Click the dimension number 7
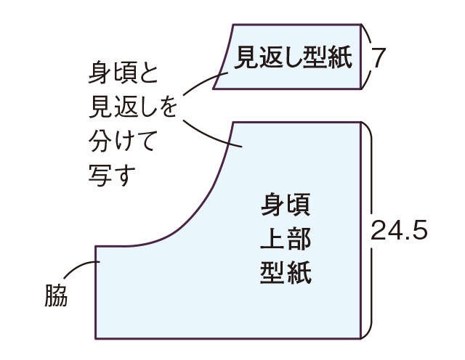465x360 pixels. (x=379, y=57)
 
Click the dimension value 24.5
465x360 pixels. (x=399, y=230)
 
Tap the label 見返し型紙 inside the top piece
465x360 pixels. (x=293, y=57)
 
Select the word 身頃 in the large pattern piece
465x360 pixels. (x=286, y=204)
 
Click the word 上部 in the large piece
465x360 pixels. (x=286, y=239)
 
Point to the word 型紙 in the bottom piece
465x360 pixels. (x=286, y=272)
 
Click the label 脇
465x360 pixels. (x=56, y=295)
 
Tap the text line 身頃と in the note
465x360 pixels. (x=123, y=73)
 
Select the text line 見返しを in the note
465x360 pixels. (x=132, y=107)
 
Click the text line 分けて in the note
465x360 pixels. (x=122, y=141)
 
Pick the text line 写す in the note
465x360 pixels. (x=112, y=175)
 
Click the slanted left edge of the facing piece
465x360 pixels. (x=224, y=57)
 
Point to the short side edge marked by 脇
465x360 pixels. (x=95, y=292)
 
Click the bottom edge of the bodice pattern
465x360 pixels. (x=227, y=338)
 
